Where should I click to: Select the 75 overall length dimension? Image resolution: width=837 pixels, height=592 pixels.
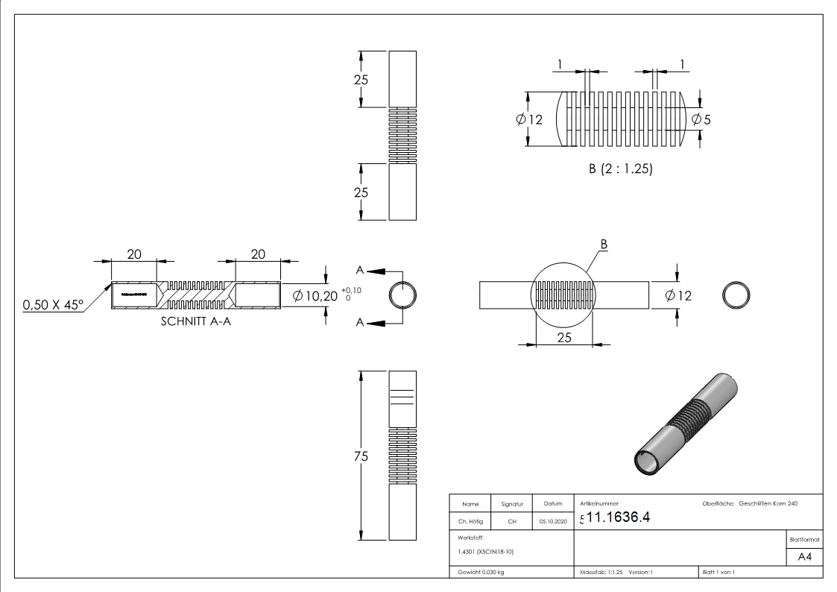361,457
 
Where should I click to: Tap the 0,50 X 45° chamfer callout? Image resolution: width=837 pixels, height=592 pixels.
53,304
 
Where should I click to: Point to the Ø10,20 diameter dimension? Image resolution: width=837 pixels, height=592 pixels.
315,296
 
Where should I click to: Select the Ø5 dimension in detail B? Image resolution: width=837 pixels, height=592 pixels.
701,119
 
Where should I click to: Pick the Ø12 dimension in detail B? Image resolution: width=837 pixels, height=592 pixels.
528,119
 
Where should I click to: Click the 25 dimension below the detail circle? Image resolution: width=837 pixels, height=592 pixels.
563,337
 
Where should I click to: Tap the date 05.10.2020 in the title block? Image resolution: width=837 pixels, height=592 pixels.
552,522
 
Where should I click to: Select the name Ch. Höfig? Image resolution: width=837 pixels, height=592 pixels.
470,522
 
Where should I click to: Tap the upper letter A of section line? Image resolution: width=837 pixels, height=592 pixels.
360,270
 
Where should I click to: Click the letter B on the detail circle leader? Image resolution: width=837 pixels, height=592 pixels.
604,244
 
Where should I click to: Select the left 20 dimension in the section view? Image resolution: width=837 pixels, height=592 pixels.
133,254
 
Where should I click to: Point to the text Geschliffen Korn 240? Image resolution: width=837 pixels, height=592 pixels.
768,504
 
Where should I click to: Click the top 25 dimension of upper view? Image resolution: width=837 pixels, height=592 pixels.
361,80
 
